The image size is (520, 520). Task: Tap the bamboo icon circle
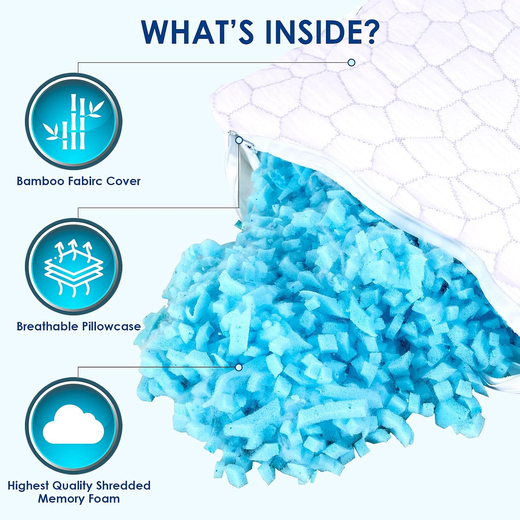pos(73,121)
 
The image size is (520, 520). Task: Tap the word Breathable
pos(47,326)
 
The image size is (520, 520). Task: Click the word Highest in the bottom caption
pos(28,486)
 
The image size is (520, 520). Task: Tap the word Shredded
pos(123,485)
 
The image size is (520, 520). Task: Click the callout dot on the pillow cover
pos(352,62)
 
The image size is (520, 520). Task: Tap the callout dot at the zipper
pos(239,140)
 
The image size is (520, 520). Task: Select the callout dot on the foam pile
pos(239,367)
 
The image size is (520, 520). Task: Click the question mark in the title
pos(369,32)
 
